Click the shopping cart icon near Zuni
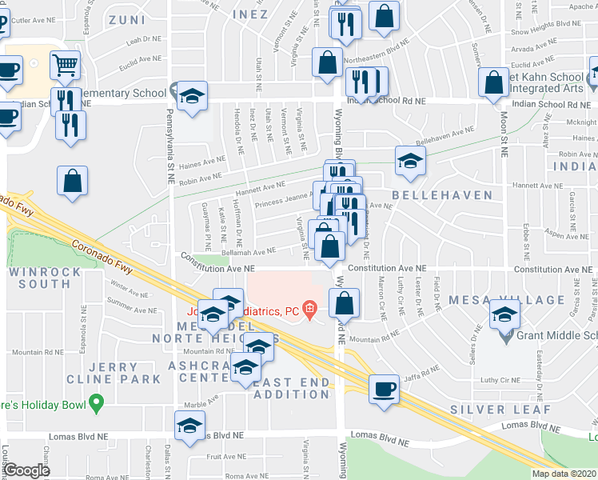(65, 64)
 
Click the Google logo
(27, 470)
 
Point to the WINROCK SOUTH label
(40, 278)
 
